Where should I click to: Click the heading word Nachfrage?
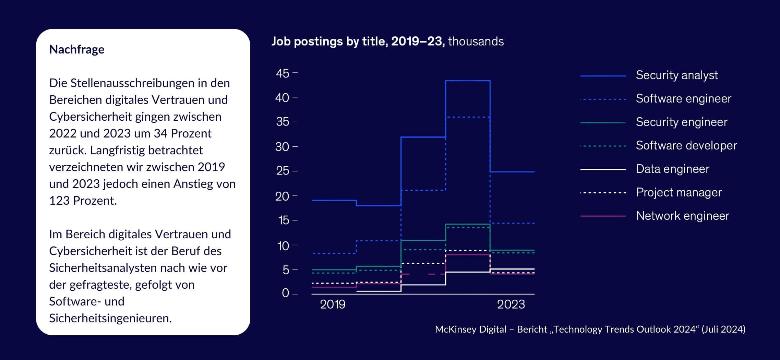[77, 49]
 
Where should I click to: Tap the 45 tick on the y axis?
[283, 73]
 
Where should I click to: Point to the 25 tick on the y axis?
[283, 171]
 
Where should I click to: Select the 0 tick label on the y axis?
[285, 293]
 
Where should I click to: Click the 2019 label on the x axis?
[332, 304]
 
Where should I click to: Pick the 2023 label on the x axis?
[511, 304]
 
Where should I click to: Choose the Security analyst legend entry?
[676, 75]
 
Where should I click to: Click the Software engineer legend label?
[683, 99]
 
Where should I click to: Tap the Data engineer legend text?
[672, 169]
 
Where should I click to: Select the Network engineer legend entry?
[682, 216]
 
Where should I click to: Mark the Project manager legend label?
[679, 192]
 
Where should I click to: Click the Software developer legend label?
[686, 146]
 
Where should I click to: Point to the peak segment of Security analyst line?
[468, 81]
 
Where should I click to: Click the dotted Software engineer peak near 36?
[468, 117]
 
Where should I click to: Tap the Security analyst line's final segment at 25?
[512, 172]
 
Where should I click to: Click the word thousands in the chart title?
[476, 41]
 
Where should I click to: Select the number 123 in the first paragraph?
[59, 201]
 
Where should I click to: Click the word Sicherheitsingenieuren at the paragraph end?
[110, 318]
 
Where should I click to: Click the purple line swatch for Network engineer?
[603, 216]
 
